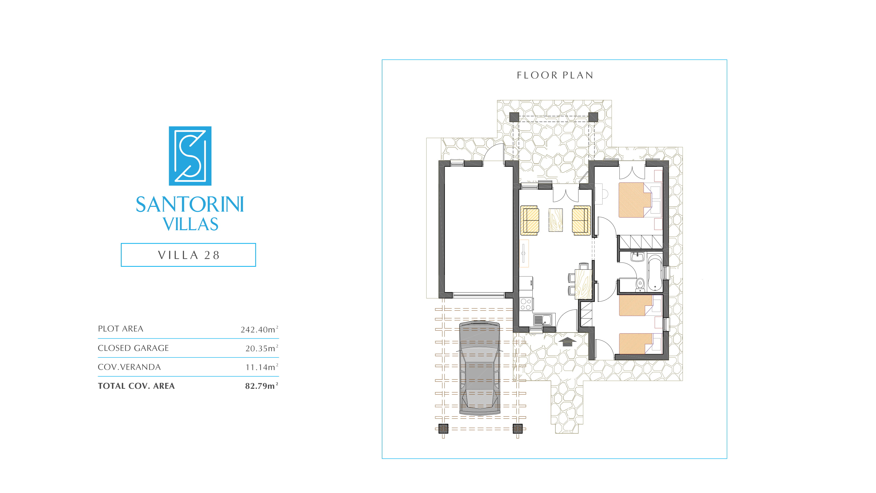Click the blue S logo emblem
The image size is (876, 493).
pyautogui.click(x=190, y=156)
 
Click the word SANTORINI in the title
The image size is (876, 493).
pyautogui.click(x=190, y=204)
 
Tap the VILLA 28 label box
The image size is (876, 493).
pyautogui.click(x=188, y=255)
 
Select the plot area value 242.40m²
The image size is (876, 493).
pyautogui.click(x=259, y=329)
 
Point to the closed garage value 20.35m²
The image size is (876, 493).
pyautogui.click(x=262, y=348)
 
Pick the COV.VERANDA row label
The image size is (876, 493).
pyautogui.click(x=129, y=367)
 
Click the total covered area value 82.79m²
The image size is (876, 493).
pyautogui.click(x=262, y=386)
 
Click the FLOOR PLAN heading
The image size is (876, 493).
pyautogui.click(x=555, y=75)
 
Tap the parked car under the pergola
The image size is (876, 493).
pyautogui.click(x=480, y=368)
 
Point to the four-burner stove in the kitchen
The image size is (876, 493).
pyautogui.click(x=526, y=304)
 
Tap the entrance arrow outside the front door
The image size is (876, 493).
pyautogui.click(x=567, y=341)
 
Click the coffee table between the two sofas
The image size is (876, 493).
pyautogui.click(x=555, y=220)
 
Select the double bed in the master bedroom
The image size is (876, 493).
pyautogui.click(x=635, y=200)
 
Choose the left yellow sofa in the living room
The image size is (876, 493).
pyautogui.click(x=529, y=220)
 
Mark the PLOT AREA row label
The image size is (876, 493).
pyautogui.click(x=121, y=329)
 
